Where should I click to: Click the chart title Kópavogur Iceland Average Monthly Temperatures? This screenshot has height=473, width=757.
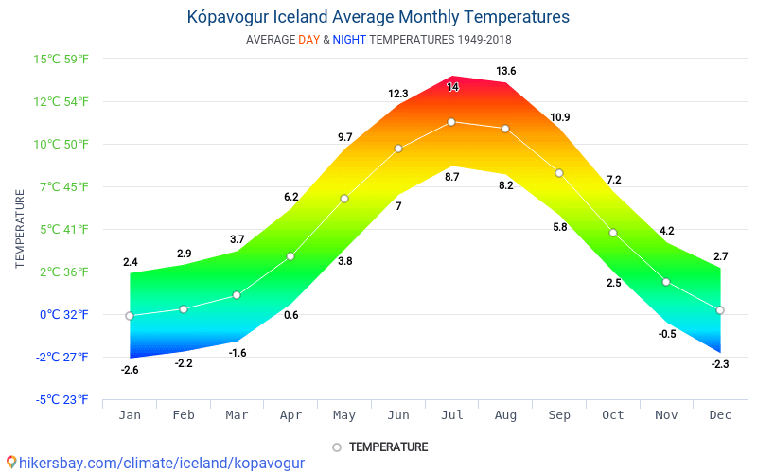pos(378,17)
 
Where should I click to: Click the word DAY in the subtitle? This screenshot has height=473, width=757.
pos(308,40)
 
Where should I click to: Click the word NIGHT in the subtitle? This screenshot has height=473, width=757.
pos(349,40)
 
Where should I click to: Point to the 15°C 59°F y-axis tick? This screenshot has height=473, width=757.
pos(62,59)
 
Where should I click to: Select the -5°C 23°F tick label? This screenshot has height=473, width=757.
pos(62,399)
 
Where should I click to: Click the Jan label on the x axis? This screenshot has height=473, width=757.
pos(130,415)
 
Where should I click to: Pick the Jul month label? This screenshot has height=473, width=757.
pos(451,415)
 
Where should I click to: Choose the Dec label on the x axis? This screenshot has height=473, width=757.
pos(720,415)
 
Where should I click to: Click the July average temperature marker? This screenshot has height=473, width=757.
pos(451,122)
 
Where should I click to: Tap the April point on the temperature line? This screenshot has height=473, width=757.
pos(290,256)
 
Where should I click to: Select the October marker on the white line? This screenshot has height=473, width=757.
pos(613,233)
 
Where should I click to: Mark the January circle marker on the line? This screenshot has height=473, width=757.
pos(130,316)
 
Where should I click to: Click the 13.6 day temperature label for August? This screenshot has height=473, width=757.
pos(506,71)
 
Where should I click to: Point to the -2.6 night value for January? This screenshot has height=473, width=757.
pos(130,370)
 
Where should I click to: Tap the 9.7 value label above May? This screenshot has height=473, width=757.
pos(344,137)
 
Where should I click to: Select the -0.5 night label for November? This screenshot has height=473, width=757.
pos(667,334)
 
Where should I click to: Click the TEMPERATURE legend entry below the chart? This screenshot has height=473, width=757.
pos(388,447)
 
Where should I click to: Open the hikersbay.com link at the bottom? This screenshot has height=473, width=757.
pos(161,463)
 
